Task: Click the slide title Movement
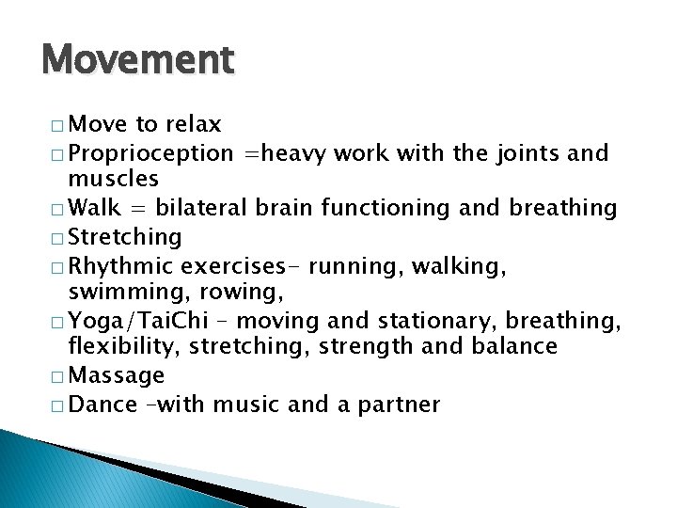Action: tap(137, 61)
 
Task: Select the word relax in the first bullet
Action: tap(193, 124)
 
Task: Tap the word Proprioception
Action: tap(151, 152)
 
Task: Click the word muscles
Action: tap(113, 178)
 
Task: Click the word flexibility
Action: tap(123, 347)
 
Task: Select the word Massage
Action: tap(117, 376)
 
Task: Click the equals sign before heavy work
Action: tap(250, 152)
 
